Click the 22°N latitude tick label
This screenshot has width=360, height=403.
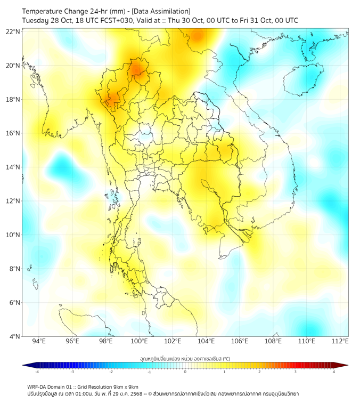tap(13, 31)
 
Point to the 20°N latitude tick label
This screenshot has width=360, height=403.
tap(13, 66)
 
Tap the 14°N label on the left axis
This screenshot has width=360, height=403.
tap(13, 167)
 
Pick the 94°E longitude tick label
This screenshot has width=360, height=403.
tap(39, 342)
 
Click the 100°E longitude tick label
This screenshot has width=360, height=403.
tap(139, 342)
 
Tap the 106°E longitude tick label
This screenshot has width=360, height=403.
tap(239, 342)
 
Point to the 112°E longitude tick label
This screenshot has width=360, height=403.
tap(340, 342)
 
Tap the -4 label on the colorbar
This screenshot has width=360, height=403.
tap(36, 372)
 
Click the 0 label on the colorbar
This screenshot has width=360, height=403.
tap(185, 372)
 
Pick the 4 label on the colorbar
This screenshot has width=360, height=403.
tap(334, 372)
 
